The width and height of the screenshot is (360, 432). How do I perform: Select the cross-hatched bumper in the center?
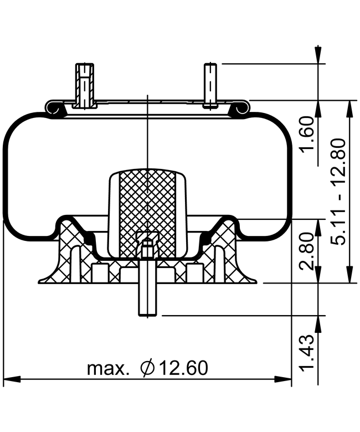[x=148, y=213]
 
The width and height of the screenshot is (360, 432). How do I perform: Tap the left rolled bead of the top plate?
[x=54, y=109]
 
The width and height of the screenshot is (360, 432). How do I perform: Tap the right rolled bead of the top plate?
[x=240, y=109]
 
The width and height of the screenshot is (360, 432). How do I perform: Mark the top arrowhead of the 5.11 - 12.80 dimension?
[x=349, y=109]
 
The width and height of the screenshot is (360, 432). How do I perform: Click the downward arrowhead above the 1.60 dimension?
[x=318, y=54]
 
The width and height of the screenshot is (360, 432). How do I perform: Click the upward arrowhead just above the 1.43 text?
[x=318, y=324]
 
